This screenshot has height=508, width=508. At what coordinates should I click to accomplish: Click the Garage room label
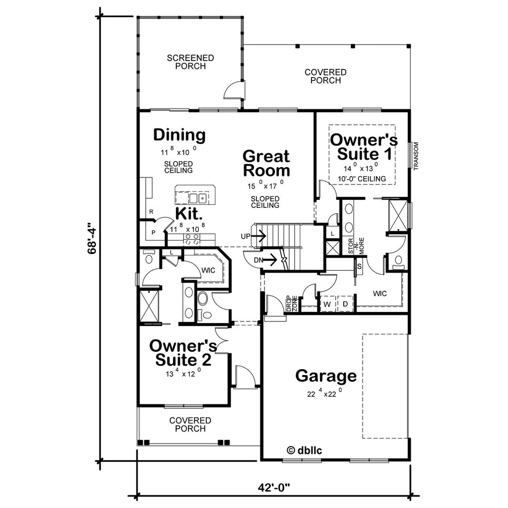(x=326, y=376)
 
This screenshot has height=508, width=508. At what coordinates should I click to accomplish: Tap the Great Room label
(x=266, y=163)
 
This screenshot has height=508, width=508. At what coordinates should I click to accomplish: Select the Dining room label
(x=179, y=135)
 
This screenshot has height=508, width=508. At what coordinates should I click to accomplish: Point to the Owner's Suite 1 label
(x=364, y=147)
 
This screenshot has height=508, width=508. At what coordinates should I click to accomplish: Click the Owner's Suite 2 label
(x=183, y=353)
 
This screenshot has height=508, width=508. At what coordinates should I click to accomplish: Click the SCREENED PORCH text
(x=190, y=62)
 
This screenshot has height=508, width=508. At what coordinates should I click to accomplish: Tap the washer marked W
(x=327, y=304)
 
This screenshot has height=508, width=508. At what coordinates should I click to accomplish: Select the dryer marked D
(x=345, y=304)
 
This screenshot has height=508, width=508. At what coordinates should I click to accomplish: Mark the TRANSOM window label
(x=416, y=156)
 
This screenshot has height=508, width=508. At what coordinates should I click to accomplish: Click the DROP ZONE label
(x=292, y=304)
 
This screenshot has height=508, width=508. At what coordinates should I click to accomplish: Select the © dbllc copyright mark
(x=304, y=450)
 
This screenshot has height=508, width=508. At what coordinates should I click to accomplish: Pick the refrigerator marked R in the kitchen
(x=151, y=212)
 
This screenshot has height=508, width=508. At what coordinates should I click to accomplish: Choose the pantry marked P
(x=154, y=232)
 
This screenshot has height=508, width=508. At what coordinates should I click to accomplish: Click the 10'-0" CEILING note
(x=362, y=179)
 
